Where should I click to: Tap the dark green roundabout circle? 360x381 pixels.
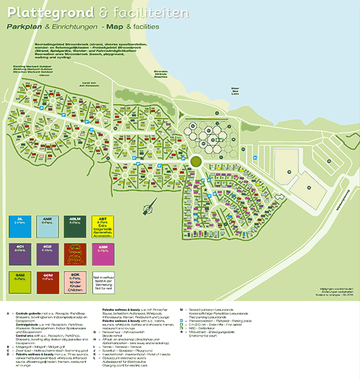[197, 162]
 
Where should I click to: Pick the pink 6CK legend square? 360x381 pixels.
[75, 281]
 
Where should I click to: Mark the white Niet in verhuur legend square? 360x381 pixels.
[103, 281]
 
